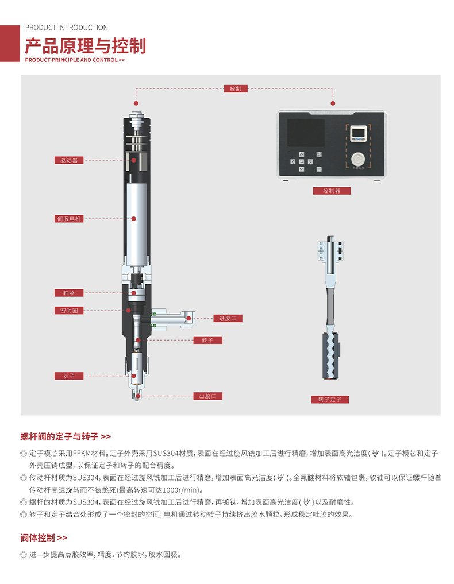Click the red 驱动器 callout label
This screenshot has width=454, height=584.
point(69,161)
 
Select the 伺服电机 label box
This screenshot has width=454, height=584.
point(69,219)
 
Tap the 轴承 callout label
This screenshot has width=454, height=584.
point(69,293)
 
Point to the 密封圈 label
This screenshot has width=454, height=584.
point(69,311)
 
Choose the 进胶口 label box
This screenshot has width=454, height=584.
point(228,319)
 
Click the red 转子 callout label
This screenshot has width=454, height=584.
point(207,340)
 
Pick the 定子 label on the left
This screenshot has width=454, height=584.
point(69,376)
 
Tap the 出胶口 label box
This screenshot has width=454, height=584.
point(207,396)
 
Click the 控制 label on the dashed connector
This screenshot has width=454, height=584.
point(236,88)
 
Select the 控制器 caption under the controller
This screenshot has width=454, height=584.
point(332,191)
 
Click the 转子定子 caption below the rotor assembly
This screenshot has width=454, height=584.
point(330,400)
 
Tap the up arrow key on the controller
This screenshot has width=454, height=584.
point(302,154)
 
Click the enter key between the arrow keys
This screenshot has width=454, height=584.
point(302,161)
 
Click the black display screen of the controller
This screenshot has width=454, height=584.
point(306,133)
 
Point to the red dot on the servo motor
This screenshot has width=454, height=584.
point(134,219)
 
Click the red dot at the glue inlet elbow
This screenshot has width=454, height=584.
point(188,319)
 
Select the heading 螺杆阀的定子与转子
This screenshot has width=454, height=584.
point(60,436)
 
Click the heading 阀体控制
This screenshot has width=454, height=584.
point(38,538)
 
